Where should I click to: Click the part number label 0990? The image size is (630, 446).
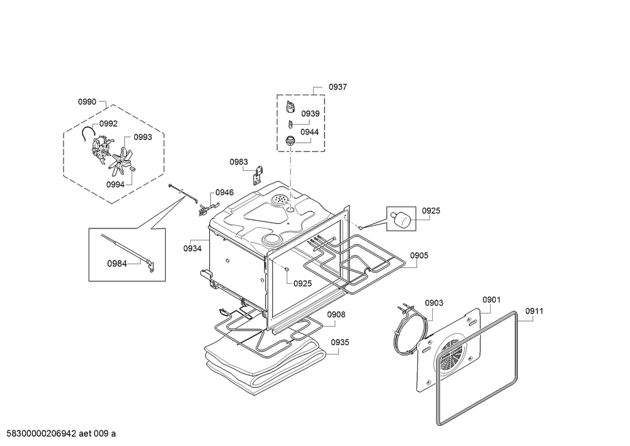click(x=87, y=102)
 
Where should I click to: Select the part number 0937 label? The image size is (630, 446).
click(x=338, y=87)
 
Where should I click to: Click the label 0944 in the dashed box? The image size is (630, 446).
click(x=309, y=132)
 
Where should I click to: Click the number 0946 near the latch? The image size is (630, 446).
click(x=224, y=192)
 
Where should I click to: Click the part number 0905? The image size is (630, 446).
click(x=419, y=255)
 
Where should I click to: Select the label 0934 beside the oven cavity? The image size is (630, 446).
click(x=193, y=249)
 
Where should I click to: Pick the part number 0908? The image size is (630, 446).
click(x=336, y=314)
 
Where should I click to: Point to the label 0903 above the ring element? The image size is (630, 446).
click(x=433, y=303)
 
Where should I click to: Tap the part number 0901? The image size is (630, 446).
click(x=491, y=299)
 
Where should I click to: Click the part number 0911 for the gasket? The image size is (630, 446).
click(x=534, y=310)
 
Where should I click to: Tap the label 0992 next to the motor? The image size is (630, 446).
click(x=108, y=124)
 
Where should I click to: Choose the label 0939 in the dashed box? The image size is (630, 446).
click(x=310, y=114)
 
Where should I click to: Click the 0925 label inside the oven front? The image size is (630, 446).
click(x=303, y=283)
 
